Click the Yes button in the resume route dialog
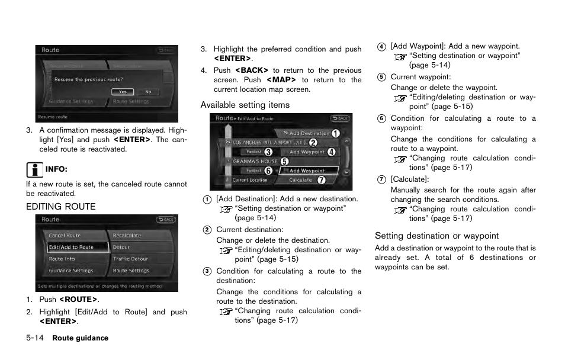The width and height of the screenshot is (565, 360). [x=122, y=92]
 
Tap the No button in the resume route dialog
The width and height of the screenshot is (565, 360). [x=148, y=92]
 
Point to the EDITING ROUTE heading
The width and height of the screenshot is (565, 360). [x=60, y=207]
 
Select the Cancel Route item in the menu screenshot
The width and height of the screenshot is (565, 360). [x=65, y=236]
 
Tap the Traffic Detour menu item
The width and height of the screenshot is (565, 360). [x=130, y=259]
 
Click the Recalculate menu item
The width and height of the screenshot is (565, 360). [x=127, y=236]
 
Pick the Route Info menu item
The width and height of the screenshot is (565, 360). [x=62, y=259]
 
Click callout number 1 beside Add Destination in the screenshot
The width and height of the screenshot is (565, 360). [x=336, y=133]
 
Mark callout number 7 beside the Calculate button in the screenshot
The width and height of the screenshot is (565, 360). [x=322, y=180]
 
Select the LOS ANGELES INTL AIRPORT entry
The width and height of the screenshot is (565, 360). [x=269, y=143]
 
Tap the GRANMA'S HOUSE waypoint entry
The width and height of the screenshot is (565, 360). [x=255, y=161]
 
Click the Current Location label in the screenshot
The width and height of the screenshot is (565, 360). [x=249, y=180]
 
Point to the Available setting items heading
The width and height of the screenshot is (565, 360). [x=245, y=105]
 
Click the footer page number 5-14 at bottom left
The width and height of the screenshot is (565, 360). [x=36, y=338]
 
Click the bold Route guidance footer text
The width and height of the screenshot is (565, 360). [x=81, y=339]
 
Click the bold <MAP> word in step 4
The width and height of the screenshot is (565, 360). [x=281, y=80]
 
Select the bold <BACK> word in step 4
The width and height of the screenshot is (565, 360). [x=248, y=70]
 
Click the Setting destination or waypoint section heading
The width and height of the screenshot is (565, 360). [x=436, y=236]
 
